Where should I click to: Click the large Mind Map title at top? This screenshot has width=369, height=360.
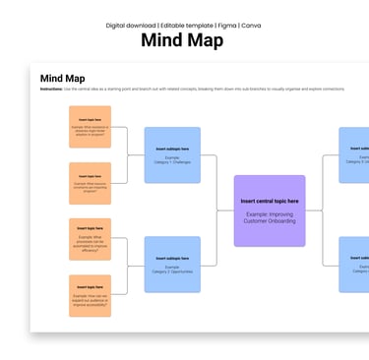click(182, 40)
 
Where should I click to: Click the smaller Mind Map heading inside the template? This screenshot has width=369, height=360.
click(61, 78)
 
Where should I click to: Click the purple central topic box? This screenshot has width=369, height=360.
click(270, 210)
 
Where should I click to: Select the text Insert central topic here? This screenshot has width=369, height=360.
click(270, 201)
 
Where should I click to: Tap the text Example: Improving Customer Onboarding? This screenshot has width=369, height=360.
click(270, 216)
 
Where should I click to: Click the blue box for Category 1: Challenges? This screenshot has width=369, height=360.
click(172, 154)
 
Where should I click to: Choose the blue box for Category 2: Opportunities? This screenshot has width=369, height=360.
click(172, 264)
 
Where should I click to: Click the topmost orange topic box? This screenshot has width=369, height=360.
click(91, 127)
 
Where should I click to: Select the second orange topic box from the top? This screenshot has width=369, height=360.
click(91, 183)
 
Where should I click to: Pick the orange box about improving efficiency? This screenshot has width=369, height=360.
click(91, 239)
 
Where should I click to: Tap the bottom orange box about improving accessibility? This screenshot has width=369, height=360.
click(91, 295)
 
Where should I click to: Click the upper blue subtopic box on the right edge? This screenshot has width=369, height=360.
click(355, 154)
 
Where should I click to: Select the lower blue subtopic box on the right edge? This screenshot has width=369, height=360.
click(355, 264)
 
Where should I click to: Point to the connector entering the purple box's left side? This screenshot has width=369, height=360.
click(225, 210)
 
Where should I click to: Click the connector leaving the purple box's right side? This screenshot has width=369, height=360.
click(314, 210)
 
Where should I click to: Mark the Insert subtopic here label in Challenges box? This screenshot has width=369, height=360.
click(172, 148)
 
